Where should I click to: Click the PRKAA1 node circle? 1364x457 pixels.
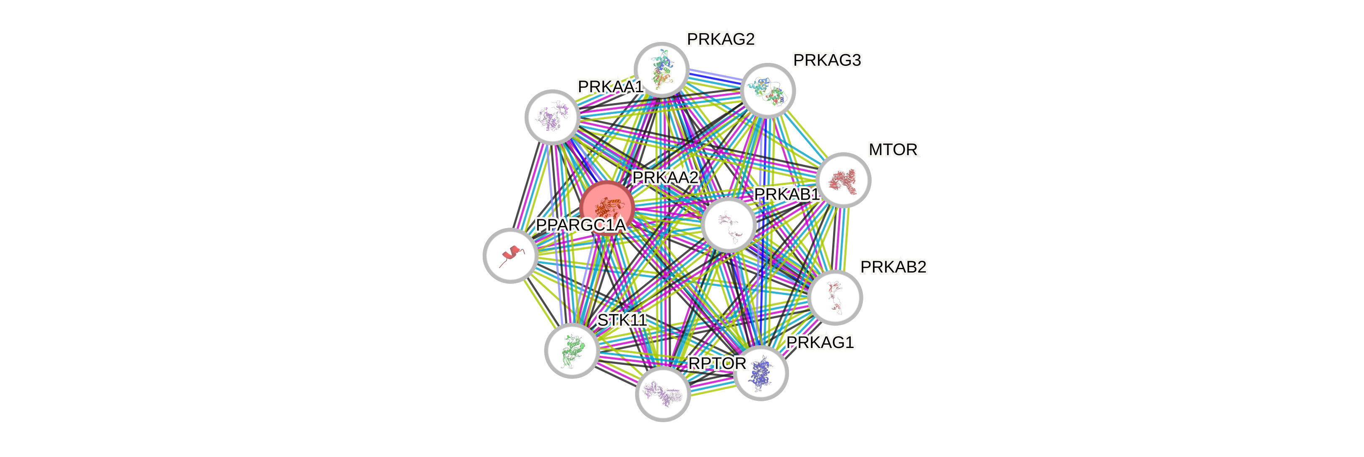click(552, 117)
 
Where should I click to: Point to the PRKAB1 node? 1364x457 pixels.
click(729, 225)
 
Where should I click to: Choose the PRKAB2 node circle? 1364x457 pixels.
click(836, 297)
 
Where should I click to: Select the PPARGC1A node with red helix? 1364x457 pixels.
click(510, 255)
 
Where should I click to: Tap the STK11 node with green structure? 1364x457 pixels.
click(572, 350)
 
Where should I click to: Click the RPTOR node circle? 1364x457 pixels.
click(662, 394)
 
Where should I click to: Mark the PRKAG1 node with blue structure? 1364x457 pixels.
click(761, 373)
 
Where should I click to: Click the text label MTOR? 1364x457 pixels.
click(893, 150)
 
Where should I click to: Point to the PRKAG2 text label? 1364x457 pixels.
click(721, 39)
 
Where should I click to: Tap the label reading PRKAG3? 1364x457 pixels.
click(827, 60)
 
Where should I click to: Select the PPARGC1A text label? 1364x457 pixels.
click(581, 225)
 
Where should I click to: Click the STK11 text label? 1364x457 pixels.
click(622, 320)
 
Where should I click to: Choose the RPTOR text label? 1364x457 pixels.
click(716, 364)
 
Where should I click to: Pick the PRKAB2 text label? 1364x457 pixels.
click(893, 267)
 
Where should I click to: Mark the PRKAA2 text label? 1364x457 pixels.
click(666, 178)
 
